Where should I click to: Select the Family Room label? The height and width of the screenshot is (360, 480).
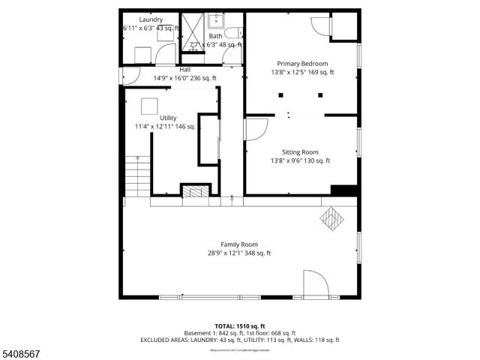pos(239,244)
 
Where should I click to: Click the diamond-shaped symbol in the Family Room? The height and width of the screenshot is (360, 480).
pos(331,220)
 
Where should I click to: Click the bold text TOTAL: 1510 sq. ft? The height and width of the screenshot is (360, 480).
pos(239,326)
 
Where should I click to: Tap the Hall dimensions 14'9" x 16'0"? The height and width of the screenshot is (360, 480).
pos(184,78)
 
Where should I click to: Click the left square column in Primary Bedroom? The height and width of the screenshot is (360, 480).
pos(280,95)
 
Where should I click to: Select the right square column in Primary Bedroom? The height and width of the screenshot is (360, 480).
pos(320,95)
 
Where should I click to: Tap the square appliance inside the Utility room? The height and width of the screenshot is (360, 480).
pos(151,104)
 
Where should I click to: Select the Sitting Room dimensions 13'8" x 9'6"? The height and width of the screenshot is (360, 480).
pos(300,160)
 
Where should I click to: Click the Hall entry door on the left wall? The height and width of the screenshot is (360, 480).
pos(129,75)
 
